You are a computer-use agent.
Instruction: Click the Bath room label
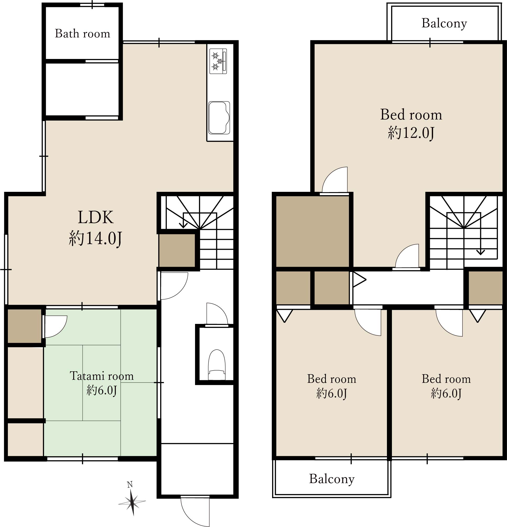[x=83, y=34]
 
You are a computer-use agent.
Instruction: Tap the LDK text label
[x=95, y=217]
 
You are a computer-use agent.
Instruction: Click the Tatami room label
[x=102, y=376]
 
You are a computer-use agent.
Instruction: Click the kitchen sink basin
[x=219, y=117]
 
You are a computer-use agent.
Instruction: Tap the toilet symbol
[x=217, y=365]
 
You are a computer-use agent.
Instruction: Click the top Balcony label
[x=444, y=23]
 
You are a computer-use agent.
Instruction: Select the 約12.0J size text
[x=411, y=133]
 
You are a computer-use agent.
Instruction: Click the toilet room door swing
[x=217, y=314]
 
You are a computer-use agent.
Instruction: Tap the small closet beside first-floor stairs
[x=177, y=250]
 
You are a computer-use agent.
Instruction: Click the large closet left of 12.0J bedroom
[x=312, y=231]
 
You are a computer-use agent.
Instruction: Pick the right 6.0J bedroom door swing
[x=449, y=323]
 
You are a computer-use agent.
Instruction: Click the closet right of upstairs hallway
[x=486, y=288]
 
